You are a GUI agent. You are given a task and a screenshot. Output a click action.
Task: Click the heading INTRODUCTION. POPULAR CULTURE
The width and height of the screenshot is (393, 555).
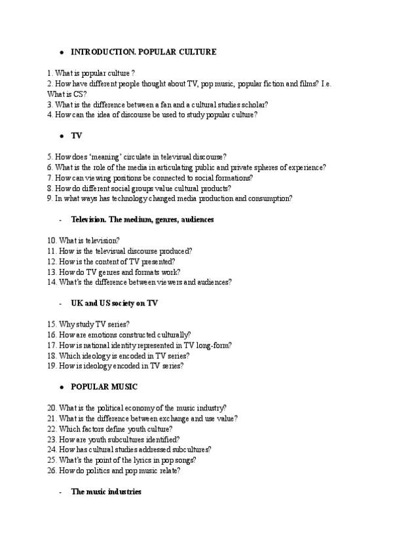point(143,51)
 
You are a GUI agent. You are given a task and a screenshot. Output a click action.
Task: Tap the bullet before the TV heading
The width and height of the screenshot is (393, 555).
point(61,136)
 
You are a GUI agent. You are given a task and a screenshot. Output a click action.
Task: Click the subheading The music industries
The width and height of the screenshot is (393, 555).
point(105,491)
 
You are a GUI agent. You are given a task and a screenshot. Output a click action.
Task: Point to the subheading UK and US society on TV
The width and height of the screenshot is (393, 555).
point(114,303)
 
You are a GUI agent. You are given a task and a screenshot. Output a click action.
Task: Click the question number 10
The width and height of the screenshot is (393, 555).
point(52,241)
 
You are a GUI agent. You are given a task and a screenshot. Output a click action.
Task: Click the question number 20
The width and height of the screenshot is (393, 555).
point(52,408)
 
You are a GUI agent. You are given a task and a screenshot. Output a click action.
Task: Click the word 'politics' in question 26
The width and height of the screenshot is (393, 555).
point(103,471)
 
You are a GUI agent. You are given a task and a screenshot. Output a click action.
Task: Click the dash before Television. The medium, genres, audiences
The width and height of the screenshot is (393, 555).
point(60,220)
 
